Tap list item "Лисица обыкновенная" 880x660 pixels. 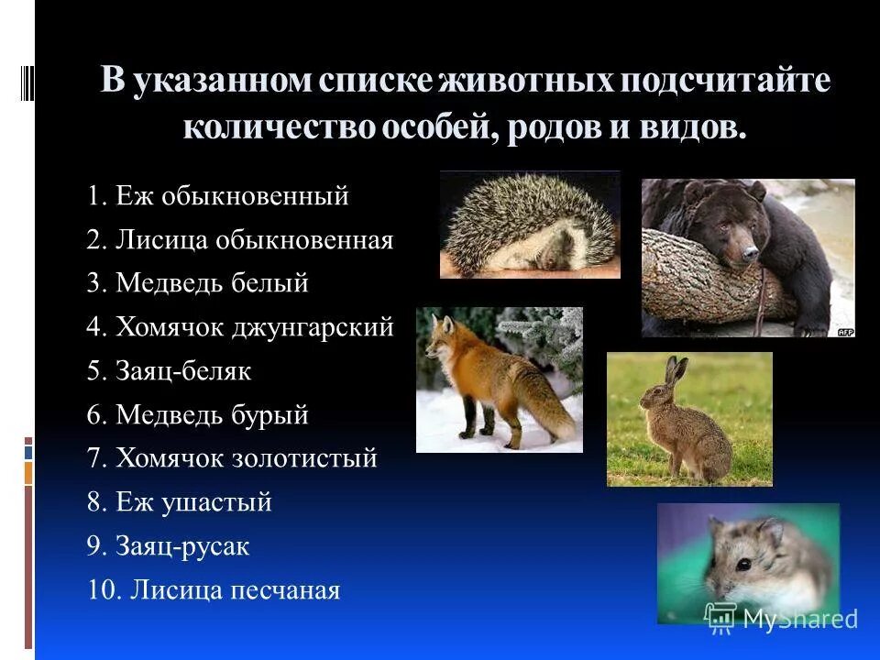(240, 240)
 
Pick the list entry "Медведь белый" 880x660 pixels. (198, 284)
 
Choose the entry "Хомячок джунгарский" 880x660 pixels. (240, 327)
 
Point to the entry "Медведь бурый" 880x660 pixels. (198, 415)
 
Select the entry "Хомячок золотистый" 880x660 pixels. (232, 458)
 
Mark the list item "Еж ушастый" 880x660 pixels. (180, 502)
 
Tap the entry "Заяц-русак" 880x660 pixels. (169, 546)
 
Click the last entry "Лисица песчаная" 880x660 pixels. (214, 590)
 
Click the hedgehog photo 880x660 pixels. (530, 224)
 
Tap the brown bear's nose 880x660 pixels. (751, 250)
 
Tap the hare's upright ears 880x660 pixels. (676, 372)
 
